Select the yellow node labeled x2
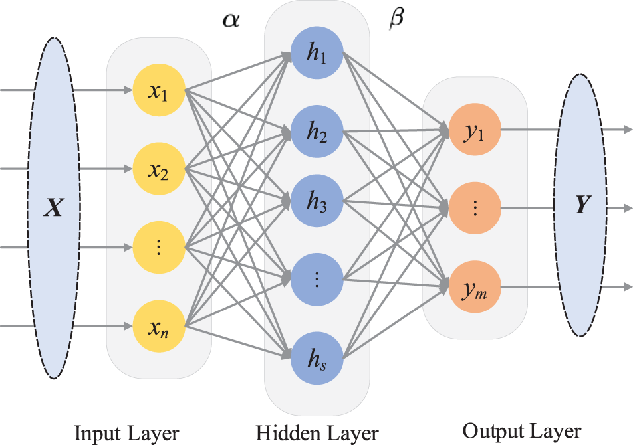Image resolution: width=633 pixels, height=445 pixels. tap(159, 169)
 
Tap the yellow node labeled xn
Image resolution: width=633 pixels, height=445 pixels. tap(159, 326)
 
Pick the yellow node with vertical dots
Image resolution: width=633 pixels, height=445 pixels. tap(159, 248)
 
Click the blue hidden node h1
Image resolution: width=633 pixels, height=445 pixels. tap(316, 56)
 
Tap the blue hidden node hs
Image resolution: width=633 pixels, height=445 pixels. tap(316, 358)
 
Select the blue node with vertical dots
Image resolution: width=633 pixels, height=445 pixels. tap(316, 278)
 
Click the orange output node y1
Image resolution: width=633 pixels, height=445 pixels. tap(475, 130)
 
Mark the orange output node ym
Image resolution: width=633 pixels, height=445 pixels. tap(475, 288)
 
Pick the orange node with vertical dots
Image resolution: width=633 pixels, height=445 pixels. tap(475, 209)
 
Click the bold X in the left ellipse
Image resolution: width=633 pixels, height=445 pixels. tap(52, 208)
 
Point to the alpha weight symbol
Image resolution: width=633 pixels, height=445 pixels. tap(230, 21)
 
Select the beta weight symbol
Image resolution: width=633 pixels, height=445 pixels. tap(396, 20)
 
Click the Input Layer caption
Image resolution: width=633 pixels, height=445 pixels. tap(126, 434)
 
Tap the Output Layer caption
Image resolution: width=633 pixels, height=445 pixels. tap(521, 431)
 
